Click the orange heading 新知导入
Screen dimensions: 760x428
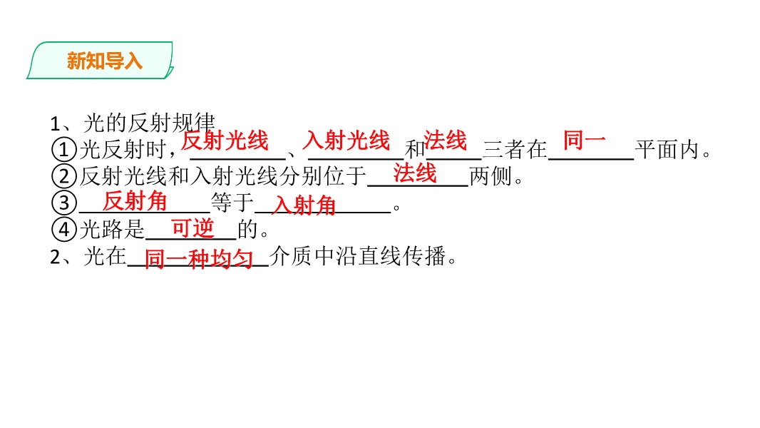pyautogui.click(x=105, y=61)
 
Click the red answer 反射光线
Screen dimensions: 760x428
pyautogui.click(x=225, y=141)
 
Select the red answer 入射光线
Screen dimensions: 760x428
pyautogui.click(x=346, y=141)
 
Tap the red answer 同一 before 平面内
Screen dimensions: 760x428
pyautogui.click(x=584, y=140)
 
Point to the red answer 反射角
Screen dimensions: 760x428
pyautogui.click(x=135, y=200)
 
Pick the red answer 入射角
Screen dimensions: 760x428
pyautogui.click(x=304, y=205)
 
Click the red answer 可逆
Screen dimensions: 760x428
pyautogui.click(x=192, y=228)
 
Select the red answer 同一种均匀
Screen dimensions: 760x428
pyautogui.click(x=199, y=259)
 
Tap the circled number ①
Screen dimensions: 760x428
pyautogui.click(x=64, y=150)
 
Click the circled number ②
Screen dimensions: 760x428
pyautogui.click(x=64, y=176)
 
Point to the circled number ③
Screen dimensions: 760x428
pyautogui.click(x=64, y=203)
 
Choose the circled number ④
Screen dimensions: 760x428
pyautogui.click(x=64, y=230)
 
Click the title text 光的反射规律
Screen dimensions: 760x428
pyautogui.click(x=149, y=123)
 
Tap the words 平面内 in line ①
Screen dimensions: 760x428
pyautogui.click(x=667, y=150)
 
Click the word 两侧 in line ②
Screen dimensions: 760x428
pyautogui.click(x=491, y=176)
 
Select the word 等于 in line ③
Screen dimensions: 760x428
pyautogui.click(x=232, y=203)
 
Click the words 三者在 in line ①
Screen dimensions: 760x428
pyautogui.click(x=515, y=150)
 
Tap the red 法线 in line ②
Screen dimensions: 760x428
pyautogui.click(x=415, y=173)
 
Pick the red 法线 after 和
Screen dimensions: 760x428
pyautogui.click(x=445, y=141)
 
